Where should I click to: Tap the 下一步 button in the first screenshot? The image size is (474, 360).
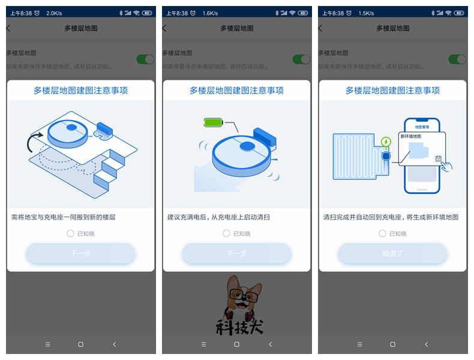(x=80, y=253)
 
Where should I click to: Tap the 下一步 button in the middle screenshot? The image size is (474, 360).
(x=236, y=253)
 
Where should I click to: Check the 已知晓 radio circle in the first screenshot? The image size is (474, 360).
(x=70, y=233)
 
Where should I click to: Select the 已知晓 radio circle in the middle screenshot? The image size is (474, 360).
(x=226, y=233)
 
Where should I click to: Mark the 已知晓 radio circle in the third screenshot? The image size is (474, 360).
(x=382, y=233)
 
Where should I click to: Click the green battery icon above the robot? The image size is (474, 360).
(x=213, y=123)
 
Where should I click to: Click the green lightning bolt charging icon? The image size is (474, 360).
(x=386, y=142)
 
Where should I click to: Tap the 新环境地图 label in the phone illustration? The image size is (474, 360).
(x=411, y=137)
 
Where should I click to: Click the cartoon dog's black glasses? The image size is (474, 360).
(x=245, y=295)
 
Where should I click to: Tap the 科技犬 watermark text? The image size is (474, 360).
(x=239, y=326)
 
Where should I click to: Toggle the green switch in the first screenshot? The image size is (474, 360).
(x=145, y=59)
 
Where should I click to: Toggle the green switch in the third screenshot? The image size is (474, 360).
(x=457, y=59)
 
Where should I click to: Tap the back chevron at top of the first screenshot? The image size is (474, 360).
(x=8, y=28)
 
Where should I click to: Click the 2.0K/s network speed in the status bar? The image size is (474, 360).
(x=55, y=13)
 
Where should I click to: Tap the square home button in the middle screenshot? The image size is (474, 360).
(x=236, y=344)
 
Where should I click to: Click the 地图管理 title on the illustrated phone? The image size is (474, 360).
(x=422, y=127)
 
